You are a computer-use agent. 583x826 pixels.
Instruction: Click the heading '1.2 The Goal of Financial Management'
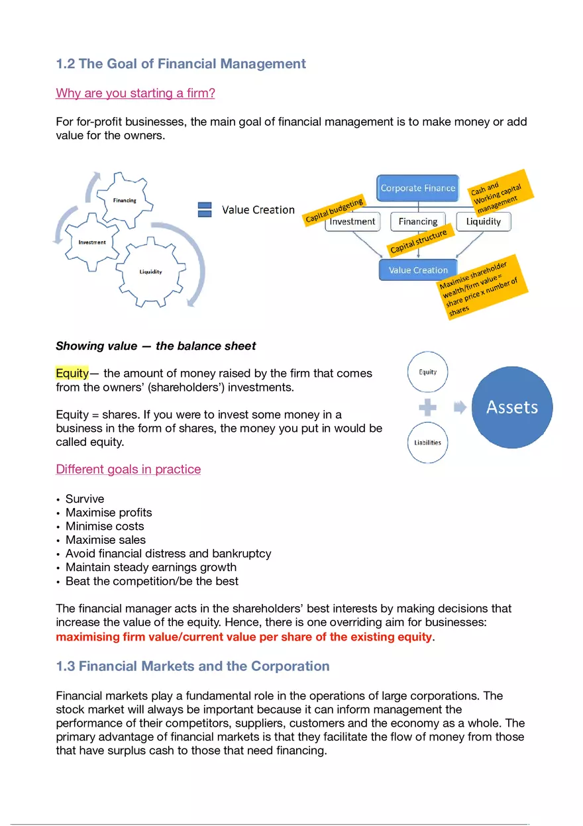[181, 64]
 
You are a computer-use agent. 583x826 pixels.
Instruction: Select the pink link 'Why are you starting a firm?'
[135, 93]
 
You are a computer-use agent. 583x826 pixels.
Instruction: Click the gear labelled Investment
[92, 242]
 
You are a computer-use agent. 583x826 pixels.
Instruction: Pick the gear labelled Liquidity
[150, 272]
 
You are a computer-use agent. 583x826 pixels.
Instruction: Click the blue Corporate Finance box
[417, 188]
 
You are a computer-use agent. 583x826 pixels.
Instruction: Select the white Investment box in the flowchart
[352, 222]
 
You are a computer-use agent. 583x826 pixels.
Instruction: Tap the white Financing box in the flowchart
[418, 222]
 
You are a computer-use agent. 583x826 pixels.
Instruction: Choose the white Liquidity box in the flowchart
[483, 222]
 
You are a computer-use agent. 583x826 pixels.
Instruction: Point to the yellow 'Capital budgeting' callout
[335, 210]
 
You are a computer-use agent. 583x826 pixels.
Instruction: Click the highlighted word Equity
[72, 373]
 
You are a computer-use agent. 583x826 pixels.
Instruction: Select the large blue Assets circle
[511, 407]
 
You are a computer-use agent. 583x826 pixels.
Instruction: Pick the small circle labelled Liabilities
[427, 442]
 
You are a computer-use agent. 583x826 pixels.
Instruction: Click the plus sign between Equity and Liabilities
[428, 407]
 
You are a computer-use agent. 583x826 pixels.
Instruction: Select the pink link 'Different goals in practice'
[128, 469]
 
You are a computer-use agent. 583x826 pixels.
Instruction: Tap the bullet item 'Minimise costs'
[105, 526]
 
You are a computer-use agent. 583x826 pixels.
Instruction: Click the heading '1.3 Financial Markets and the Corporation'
[192, 666]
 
